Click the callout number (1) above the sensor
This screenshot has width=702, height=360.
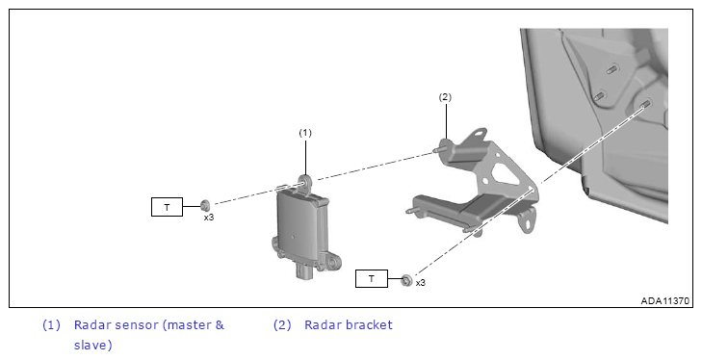305,133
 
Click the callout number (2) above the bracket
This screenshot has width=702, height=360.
445,97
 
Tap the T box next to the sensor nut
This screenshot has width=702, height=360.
167,207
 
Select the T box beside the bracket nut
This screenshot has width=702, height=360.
372,278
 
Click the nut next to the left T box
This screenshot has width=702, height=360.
205,206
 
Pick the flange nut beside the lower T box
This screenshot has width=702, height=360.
406,280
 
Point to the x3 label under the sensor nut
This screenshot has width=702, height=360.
209,218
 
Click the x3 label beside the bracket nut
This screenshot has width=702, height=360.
421,283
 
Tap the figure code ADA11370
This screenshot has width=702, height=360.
664,301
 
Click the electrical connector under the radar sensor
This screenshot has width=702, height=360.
306,271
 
